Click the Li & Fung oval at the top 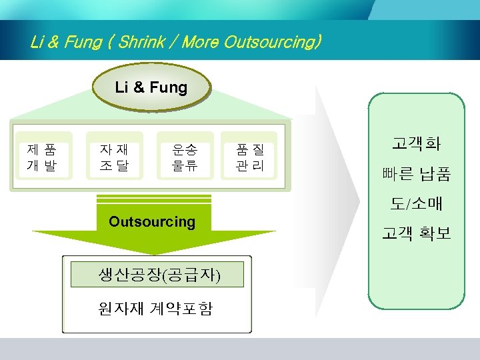(x=151, y=87)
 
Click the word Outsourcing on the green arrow (x=152, y=221)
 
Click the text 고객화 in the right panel (x=416, y=143)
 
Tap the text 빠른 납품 (x=416, y=175)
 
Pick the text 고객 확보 (x=416, y=233)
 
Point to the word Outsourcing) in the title (x=273, y=43)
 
